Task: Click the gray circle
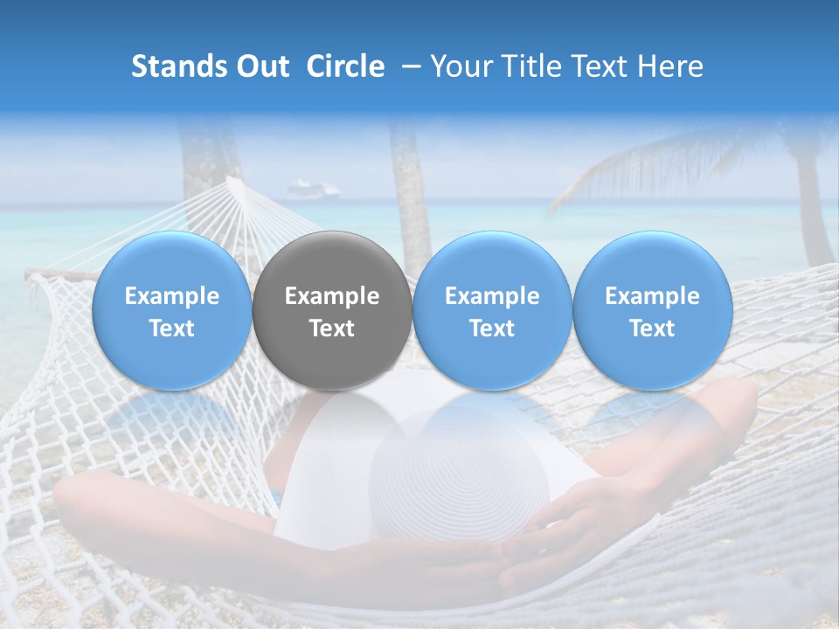point(332,311)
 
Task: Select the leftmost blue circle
point(172,311)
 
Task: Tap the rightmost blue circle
point(652,311)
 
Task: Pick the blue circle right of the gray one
point(492,311)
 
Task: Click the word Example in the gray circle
point(332,296)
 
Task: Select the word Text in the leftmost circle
point(172,328)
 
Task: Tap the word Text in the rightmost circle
point(652,328)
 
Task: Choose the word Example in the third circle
point(492,296)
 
